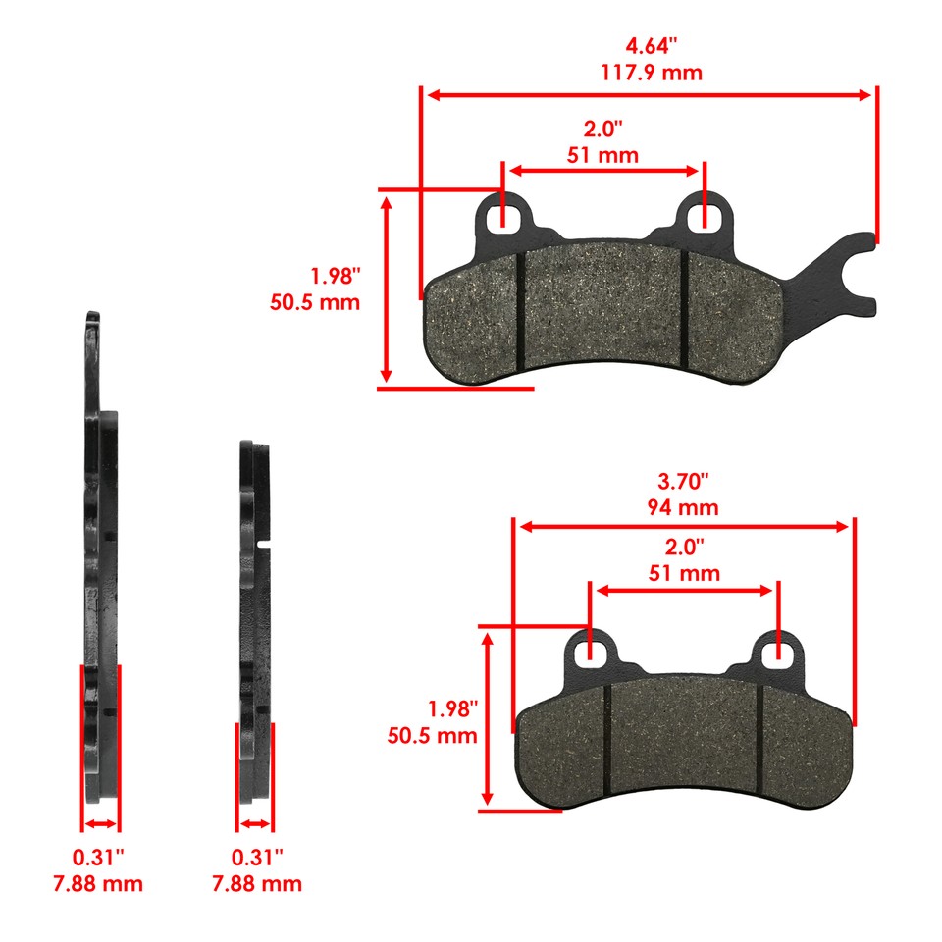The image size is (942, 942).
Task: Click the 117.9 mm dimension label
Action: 650,73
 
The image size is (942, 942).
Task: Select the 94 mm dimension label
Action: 683,507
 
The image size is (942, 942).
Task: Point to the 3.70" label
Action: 683,482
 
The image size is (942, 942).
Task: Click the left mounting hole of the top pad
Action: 503,214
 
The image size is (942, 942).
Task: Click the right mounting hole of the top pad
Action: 704,214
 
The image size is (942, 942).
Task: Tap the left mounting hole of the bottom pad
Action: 589,649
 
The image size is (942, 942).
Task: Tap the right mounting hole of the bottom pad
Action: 778,649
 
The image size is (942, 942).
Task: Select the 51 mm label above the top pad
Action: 602,154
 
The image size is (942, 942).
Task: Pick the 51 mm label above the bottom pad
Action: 685,573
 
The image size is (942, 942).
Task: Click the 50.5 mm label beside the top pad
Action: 315,302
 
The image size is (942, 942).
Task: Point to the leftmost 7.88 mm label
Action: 97,883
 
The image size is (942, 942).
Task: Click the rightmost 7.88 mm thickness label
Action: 256,883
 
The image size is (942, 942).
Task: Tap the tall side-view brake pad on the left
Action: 99,549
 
